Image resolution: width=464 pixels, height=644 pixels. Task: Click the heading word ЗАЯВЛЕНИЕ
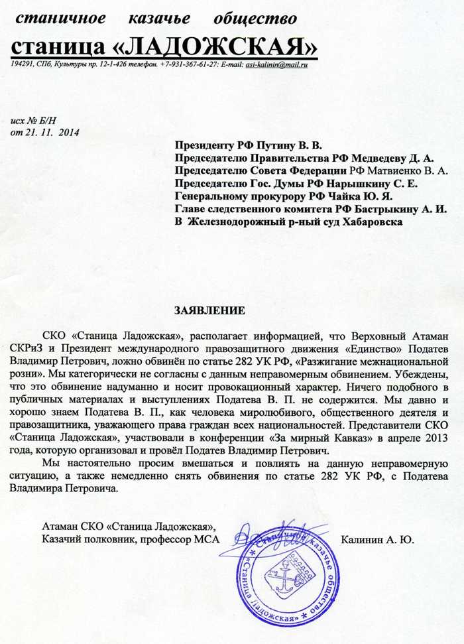click(209, 310)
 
